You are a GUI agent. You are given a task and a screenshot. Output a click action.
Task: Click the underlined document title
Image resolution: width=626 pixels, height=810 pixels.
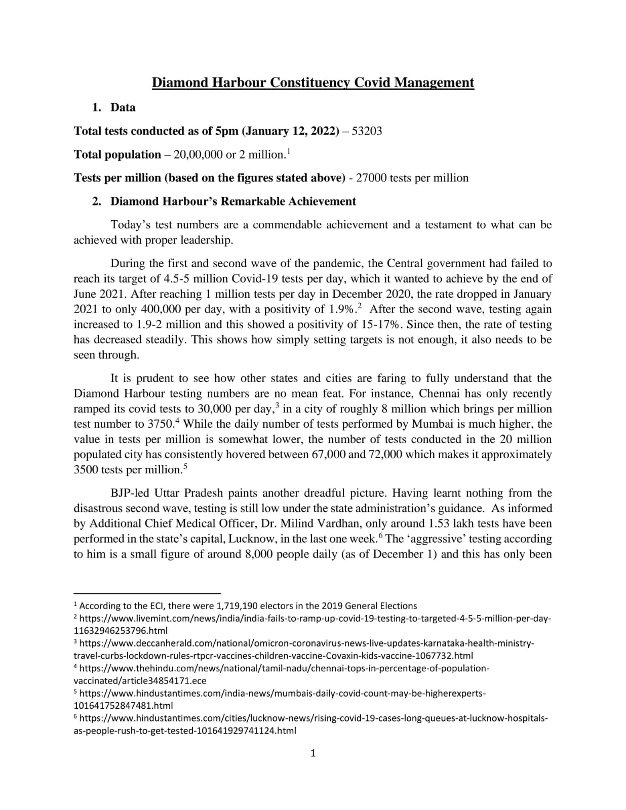(313, 83)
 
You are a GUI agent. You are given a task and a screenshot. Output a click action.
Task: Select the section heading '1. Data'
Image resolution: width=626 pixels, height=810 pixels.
(113, 107)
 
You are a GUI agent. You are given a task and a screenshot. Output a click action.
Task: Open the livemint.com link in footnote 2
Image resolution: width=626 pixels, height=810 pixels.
(314, 619)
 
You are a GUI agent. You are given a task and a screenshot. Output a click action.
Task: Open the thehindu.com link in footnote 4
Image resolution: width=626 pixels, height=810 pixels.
(284, 668)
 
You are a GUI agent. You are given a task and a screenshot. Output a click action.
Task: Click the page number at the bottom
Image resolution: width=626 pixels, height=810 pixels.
(312, 753)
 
